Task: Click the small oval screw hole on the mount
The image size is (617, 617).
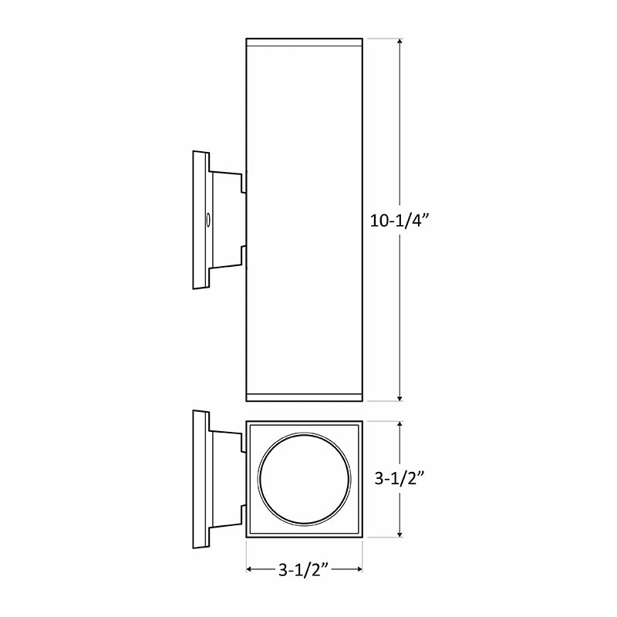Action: (x=207, y=221)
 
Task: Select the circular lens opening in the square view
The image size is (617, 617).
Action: (x=304, y=479)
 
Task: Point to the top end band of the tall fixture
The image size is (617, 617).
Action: (x=304, y=43)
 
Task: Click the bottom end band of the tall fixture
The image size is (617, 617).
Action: (x=304, y=397)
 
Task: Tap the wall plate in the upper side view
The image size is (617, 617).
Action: (x=200, y=221)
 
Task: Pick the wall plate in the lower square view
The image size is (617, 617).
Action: (x=200, y=479)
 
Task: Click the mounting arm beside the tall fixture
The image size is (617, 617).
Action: (x=227, y=221)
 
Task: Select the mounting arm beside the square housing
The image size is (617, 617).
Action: (x=227, y=479)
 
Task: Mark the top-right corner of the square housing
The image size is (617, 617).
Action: (x=362, y=422)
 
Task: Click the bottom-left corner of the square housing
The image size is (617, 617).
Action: (x=247, y=536)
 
